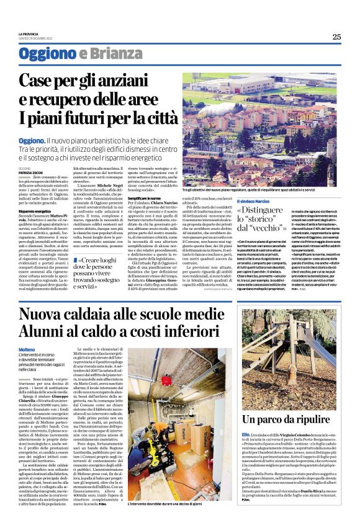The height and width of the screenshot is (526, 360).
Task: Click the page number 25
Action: click(x=336, y=37)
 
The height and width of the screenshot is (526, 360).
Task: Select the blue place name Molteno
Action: click(x=27, y=349)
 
